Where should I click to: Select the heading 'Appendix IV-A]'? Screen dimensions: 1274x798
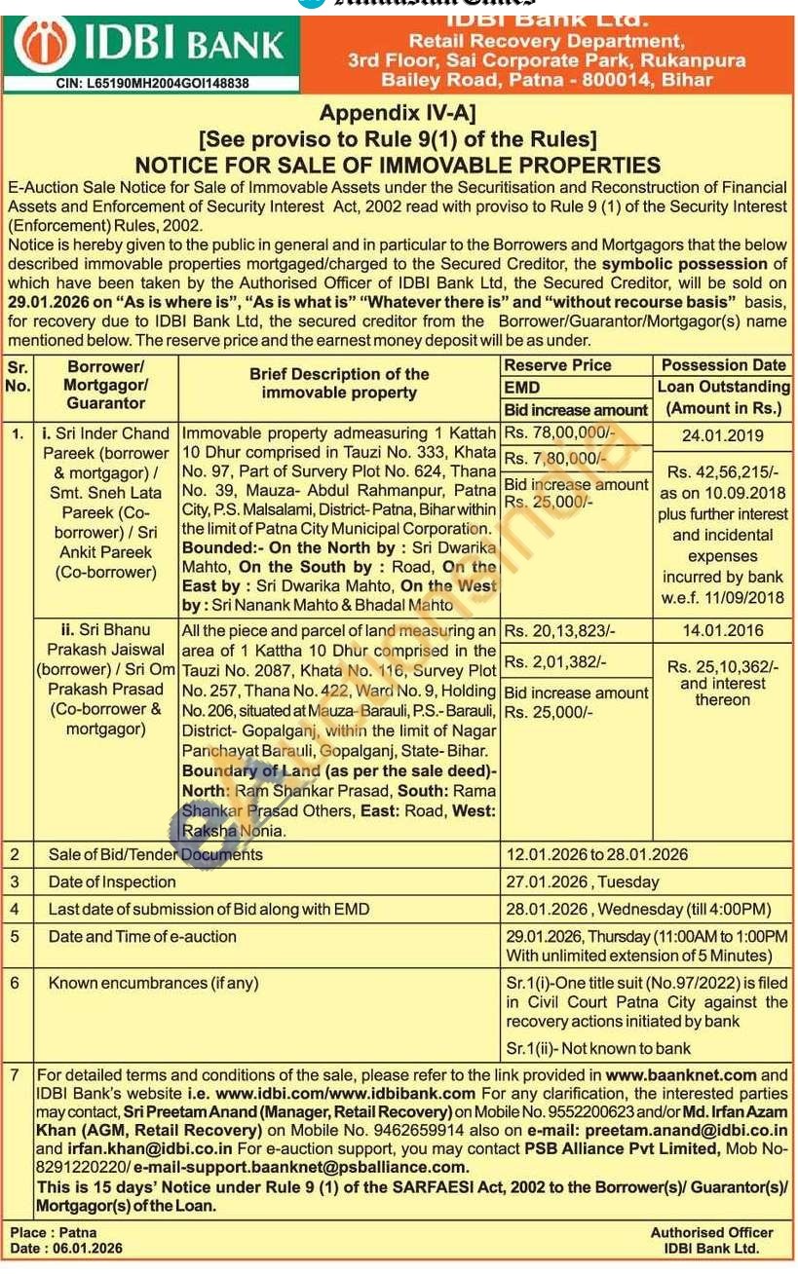398,113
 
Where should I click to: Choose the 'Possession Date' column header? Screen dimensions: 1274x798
723,365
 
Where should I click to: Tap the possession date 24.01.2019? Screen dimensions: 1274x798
722,435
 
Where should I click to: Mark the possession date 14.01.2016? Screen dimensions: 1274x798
722,631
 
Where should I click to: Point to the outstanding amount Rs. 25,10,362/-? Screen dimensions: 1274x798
723,667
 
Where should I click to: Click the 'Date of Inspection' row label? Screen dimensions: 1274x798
112,882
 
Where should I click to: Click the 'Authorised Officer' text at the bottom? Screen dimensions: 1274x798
711,1233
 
